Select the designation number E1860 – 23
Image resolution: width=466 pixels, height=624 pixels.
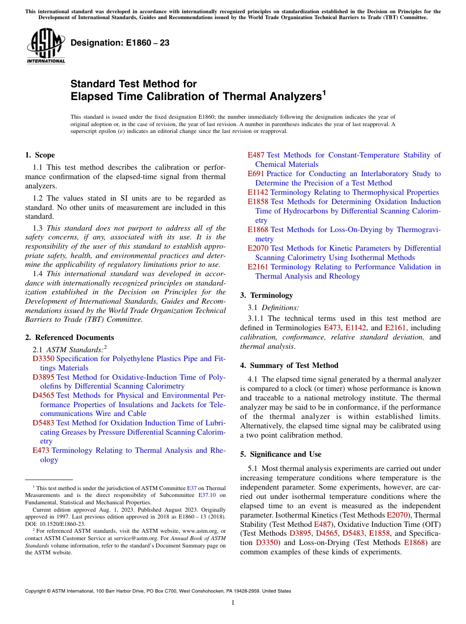[120, 43]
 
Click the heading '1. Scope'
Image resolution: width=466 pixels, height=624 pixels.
[40, 155]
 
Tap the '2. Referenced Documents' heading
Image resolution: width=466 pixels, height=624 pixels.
[69, 338]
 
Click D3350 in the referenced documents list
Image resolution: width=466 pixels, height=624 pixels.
[43, 359]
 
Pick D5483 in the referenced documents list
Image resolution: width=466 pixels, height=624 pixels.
[43, 423]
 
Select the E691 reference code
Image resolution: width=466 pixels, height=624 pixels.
[256, 174]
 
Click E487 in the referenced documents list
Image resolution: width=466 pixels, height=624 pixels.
[256, 155]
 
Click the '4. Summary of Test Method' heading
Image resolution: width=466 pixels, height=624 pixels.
[289, 365]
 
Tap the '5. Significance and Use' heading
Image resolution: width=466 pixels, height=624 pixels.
[281, 454]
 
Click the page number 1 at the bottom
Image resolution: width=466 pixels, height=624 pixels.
[233, 602]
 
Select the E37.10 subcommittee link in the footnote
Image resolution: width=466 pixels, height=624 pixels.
[208, 495]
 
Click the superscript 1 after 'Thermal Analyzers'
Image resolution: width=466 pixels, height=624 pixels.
[324, 92]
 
